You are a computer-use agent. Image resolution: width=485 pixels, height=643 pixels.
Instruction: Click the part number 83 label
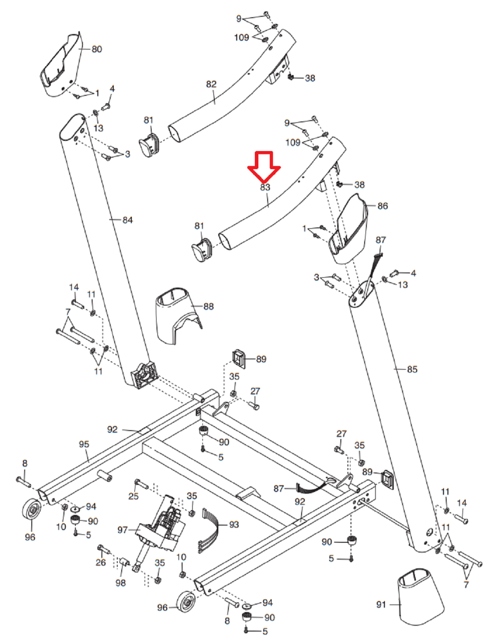click(265, 187)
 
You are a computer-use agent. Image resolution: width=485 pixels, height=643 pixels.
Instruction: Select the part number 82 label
click(211, 84)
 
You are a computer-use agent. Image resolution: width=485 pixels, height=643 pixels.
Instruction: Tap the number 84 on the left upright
click(127, 220)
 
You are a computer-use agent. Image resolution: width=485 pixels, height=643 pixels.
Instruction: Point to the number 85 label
click(412, 369)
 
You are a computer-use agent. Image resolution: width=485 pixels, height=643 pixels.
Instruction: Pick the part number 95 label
click(84, 444)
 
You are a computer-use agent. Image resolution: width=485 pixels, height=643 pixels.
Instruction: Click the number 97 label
click(123, 530)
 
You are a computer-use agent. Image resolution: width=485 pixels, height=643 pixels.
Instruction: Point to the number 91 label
click(381, 605)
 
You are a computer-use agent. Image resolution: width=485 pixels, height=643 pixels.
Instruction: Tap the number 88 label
click(209, 306)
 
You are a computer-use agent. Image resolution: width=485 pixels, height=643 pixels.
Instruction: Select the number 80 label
click(97, 49)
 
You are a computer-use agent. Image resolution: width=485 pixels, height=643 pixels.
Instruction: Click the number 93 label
click(234, 525)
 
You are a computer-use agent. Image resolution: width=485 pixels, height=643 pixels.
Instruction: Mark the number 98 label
click(120, 583)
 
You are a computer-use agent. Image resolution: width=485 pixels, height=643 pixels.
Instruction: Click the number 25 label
click(133, 496)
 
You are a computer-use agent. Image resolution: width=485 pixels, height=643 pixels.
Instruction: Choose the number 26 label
click(101, 562)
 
